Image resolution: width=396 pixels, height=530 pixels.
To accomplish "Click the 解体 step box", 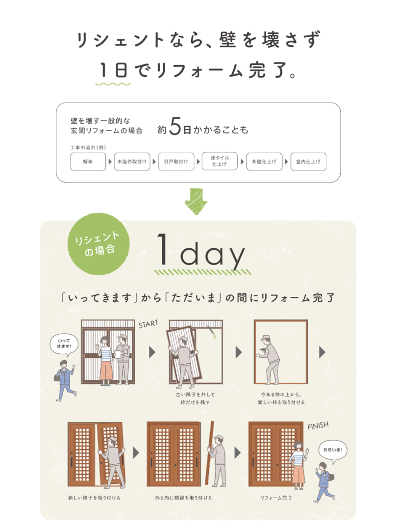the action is tap(88, 161).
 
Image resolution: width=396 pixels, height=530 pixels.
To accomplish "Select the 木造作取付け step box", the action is tap(132, 161).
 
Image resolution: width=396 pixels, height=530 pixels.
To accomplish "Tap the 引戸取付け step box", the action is tap(176, 161).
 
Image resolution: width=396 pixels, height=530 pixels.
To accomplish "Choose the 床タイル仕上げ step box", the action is tap(220, 161).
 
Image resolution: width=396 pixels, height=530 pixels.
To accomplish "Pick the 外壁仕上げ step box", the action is tap(264, 161).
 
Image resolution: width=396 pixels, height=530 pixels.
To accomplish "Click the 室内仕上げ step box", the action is tap(308, 161).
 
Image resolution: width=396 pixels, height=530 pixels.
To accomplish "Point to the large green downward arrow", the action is tap(196, 201).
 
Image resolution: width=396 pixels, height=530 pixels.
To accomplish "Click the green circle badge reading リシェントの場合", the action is tap(98, 244).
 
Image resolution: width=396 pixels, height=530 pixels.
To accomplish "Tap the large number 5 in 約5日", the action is tap(175, 126).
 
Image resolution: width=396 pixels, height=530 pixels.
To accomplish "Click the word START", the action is tap(148, 324).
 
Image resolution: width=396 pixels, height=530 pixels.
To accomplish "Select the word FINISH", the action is tap(318, 425).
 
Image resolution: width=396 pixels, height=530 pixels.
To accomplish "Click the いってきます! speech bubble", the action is tap(64, 344).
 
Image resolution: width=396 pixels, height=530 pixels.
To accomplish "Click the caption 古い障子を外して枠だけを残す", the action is tap(195, 398).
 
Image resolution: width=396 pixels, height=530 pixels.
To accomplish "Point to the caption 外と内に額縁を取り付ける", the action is tap(183, 498).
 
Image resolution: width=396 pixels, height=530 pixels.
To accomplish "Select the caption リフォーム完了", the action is tap(276, 498).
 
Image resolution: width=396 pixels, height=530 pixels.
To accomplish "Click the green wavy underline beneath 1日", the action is tap(113, 83).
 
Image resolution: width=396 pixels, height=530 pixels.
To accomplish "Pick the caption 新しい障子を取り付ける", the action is tap(94, 498).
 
